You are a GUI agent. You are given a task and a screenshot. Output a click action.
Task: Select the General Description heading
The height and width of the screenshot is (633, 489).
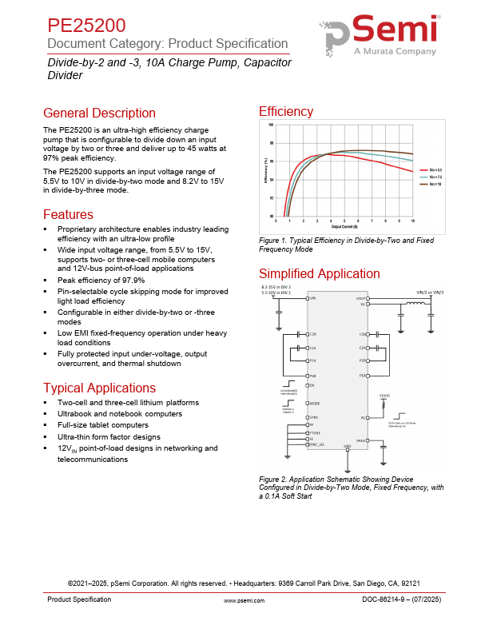tap(99, 113)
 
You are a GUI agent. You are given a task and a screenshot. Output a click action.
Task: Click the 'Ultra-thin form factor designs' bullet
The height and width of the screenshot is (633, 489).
tap(109, 437)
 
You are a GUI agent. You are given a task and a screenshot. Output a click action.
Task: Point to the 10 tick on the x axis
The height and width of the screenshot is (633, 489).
tap(412, 220)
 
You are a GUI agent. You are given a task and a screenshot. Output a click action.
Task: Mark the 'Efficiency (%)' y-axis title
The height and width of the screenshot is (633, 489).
tap(265, 170)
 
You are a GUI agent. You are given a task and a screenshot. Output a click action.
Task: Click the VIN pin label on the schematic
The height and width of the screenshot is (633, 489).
tap(314, 297)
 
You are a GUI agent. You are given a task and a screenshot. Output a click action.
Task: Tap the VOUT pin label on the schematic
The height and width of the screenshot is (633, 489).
tap(360, 297)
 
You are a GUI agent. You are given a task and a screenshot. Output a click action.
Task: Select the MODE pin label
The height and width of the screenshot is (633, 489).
tap(316, 404)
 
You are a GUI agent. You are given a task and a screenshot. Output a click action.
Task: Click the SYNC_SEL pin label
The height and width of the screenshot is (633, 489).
tap(318, 444)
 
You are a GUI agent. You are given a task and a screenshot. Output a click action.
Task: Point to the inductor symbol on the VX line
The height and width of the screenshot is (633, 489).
tap(415, 304)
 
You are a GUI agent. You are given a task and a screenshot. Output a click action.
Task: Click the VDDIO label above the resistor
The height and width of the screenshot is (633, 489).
tap(384, 395)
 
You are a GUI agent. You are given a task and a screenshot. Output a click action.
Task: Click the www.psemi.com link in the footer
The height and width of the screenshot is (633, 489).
tap(244, 599)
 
